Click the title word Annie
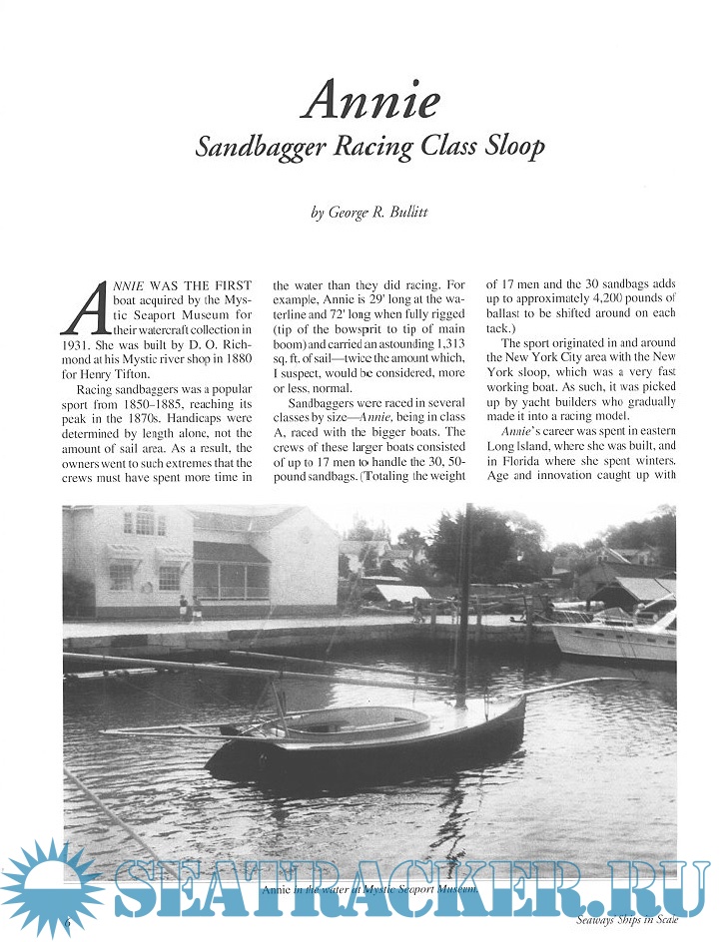tap(371, 100)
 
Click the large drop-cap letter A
tap(85, 306)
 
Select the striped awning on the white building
tap(230, 552)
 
